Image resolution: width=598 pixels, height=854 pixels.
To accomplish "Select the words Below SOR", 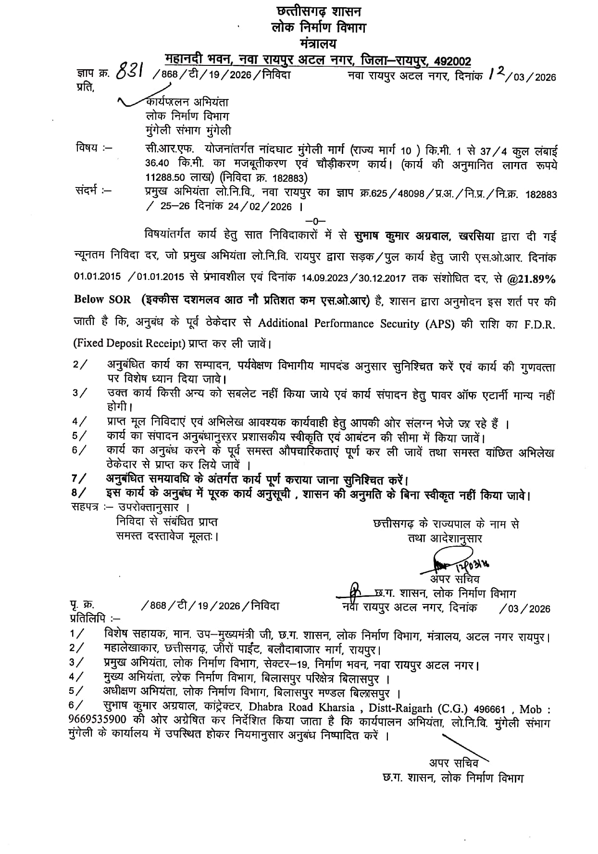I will [x=102, y=299].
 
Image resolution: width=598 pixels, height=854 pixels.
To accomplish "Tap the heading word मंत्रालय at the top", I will [x=318, y=44].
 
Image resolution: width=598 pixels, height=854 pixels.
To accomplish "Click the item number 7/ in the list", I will [x=79, y=478].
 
